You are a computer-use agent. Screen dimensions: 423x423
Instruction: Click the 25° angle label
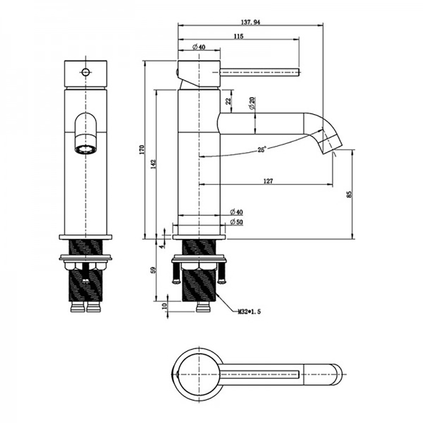pyautogui.click(x=262, y=150)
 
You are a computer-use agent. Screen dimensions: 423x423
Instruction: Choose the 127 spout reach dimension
pyautogui.click(x=269, y=181)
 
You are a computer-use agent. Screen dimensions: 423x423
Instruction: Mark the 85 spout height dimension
pyautogui.click(x=349, y=195)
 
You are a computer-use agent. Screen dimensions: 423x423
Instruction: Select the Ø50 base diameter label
pyautogui.click(x=236, y=222)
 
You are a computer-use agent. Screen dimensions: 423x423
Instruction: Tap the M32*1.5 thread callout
pyautogui.click(x=249, y=312)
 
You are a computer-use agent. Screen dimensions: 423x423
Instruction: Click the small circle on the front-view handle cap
pyautogui.click(x=86, y=72)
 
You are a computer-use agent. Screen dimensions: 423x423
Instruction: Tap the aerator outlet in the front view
pyautogui.click(x=85, y=149)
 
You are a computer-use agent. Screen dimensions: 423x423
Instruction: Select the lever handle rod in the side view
pyautogui.click(x=260, y=72)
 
